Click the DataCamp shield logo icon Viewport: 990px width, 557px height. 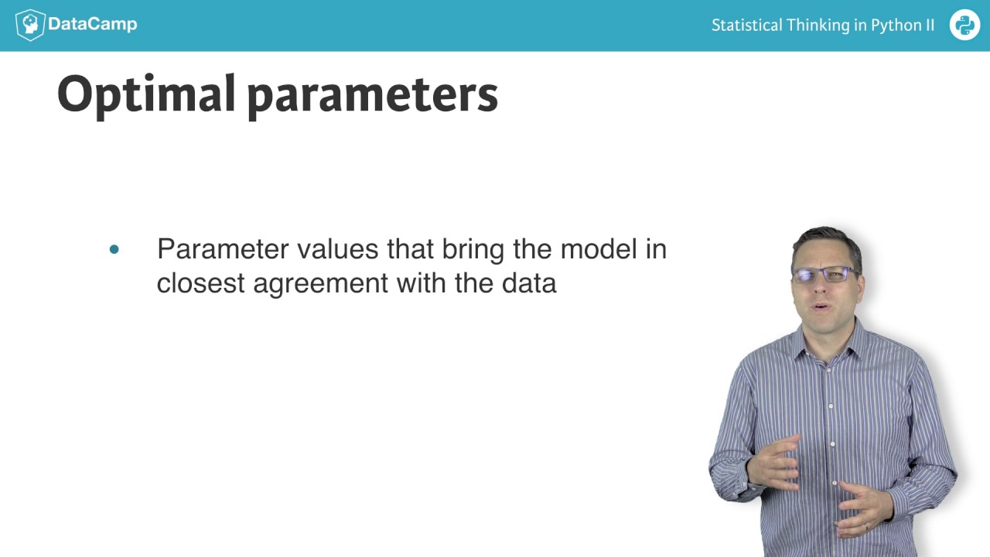tap(29, 25)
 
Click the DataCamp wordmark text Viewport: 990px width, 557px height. tap(92, 24)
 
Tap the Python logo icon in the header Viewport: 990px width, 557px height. tap(964, 25)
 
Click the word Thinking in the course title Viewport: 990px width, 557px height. tap(818, 25)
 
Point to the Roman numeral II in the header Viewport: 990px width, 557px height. tap(929, 25)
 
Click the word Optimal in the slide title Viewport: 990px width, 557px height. tap(146, 94)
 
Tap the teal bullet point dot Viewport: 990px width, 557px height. tap(114, 249)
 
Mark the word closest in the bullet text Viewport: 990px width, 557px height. tap(201, 283)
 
